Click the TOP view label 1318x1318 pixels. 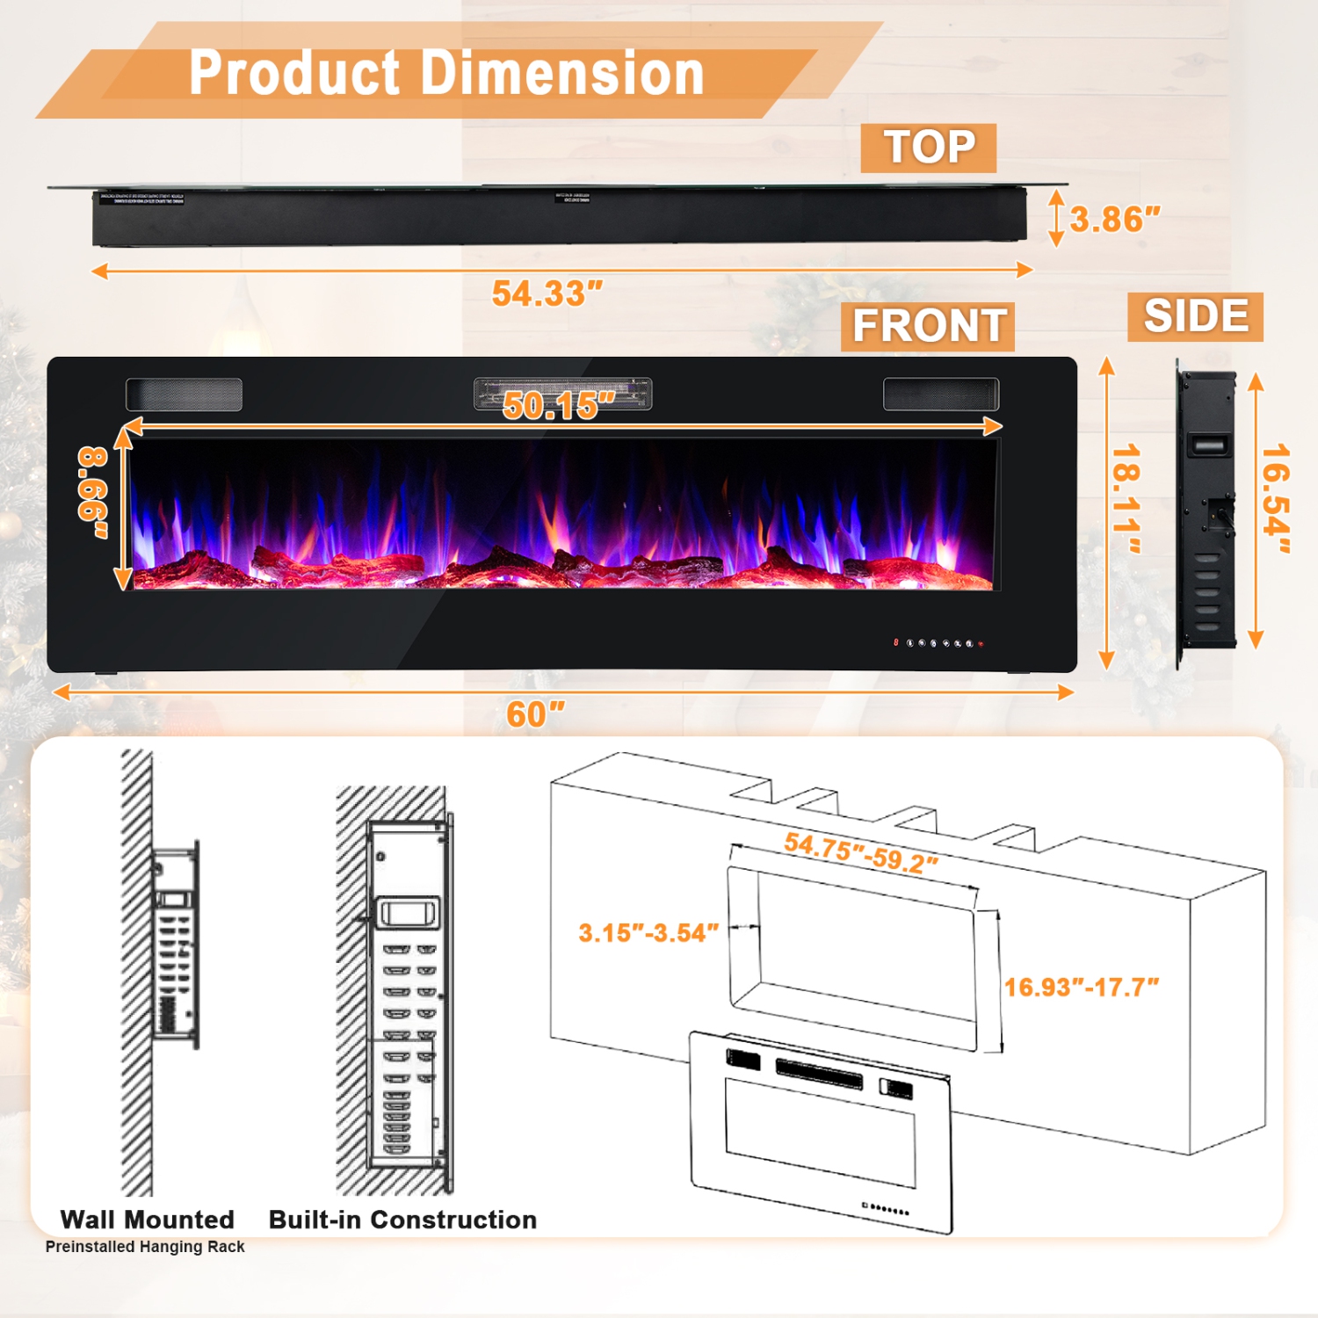pyautogui.click(x=929, y=148)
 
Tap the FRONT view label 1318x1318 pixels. pyautogui.click(x=928, y=326)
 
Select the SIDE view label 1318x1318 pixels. pyautogui.click(x=1195, y=316)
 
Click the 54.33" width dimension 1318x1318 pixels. pyautogui.click(x=547, y=293)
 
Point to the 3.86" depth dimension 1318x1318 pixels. pyautogui.click(x=1114, y=219)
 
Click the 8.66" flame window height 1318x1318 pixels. pyautogui.click(x=93, y=494)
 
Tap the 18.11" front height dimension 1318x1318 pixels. pyautogui.click(x=1126, y=499)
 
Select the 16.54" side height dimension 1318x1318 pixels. pyautogui.click(x=1276, y=499)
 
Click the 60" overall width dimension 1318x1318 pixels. pyautogui.click(x=535, y=714)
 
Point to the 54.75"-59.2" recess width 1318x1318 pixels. pyautogui.click(x=860, y=852)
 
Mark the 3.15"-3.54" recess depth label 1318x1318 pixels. pyautogui.click(x=648, y=932)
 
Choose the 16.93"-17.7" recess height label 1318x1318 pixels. pyautogui.click(x=1081, y=987)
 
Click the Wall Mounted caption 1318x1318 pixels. pyautogui.click(x=147, y=1220)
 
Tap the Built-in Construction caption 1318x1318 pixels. pyautogui.click(x=402, y=1220)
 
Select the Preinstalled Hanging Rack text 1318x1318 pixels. pyautogui.click(x=145, y=1247)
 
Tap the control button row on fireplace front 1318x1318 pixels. pyautogui.click(x=938, y=643)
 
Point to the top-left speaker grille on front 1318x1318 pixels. pyautogui.click(x=184, y=395)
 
